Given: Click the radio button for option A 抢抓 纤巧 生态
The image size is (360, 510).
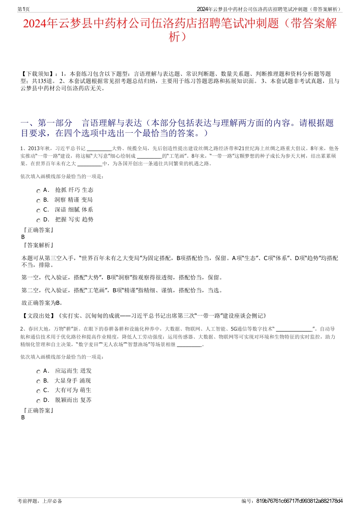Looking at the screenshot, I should pyautogui.click(x=38, y=191).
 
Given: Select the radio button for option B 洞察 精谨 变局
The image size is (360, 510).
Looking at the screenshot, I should pyautogui.click(x=38, y=201).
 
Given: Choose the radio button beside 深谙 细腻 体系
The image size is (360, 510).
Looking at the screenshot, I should pyautogui.click(x=38, y=211).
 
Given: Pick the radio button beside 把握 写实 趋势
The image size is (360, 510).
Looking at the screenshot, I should pyautogui.click(x=38, y=221).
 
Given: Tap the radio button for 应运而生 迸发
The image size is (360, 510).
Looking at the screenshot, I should pyautogui.click(x=38, y=372).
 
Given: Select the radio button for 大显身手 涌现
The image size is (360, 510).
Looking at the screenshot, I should pyautogui.click(x=38, y=382).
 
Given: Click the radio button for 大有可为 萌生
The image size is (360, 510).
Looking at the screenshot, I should pyautogui.click(x=38, y=391).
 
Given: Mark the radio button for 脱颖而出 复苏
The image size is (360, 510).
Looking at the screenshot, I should pyautogui.click(x=38, y=401).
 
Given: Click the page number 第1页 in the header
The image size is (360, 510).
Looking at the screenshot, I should pyautogui.click(x=24, y=9).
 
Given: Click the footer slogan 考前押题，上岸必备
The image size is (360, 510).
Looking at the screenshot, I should pyautogui.click(x=40, y=501).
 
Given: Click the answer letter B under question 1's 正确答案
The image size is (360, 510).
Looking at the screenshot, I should pyautogui.click(x=23, y=237).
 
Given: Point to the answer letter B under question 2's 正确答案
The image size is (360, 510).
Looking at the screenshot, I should pyautogui.click(x=23, y=417).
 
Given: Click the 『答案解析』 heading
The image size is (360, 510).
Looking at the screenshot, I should pyautogui.click(x=38, y=245).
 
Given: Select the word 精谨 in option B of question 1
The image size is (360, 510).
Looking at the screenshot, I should pyautogui.click(x=74, y=200).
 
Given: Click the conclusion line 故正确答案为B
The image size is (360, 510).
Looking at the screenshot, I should pyautogui.click(x=42, y=303).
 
